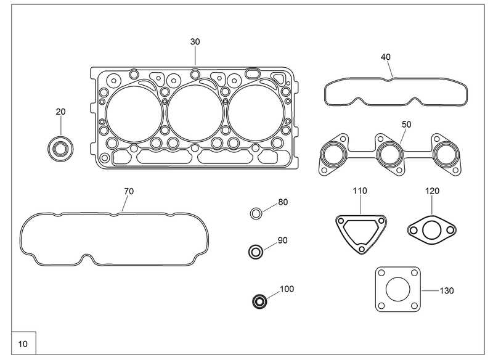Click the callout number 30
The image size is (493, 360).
click(x=195, y=41)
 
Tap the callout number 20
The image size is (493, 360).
click(x=60, y=112)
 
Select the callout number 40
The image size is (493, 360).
click(x=386, y=57)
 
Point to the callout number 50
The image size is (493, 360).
click(x=406, y=125)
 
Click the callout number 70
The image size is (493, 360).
click(x=128, y=191)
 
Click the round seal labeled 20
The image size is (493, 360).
click(x=60, y=148)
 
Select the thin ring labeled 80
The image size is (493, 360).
click(x=256, y=214)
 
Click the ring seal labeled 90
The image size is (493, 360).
click(x=256, y=252)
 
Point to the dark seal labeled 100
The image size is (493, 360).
click(x=260, y=301)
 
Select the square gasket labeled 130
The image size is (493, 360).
click(x=398, y=289)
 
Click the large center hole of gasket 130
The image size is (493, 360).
click(x=398, y=289)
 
